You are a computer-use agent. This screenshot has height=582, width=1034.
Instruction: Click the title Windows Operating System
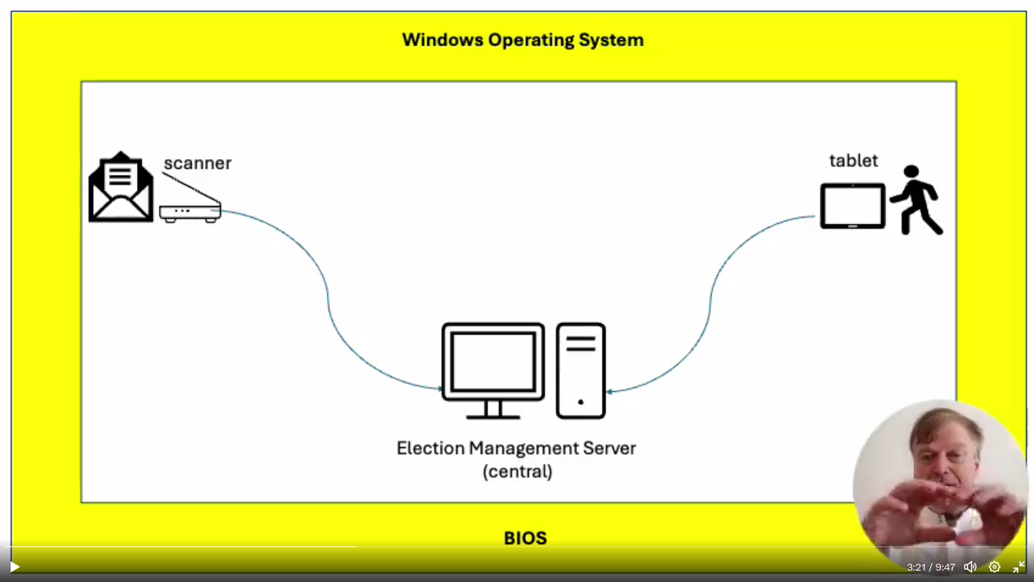(x=522, y=40)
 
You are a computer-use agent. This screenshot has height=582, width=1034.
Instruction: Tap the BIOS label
(x=525, y=539)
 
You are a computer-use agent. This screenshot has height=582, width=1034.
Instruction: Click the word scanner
(x=198, y=163)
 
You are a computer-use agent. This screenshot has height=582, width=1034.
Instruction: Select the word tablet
(x=854, y=161)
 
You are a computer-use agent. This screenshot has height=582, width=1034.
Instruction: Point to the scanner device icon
(x=189, y=205)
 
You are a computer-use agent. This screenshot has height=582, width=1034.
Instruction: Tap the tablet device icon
(x=853, y=205)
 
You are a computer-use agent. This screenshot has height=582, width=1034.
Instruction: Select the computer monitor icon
(x=493, y=369)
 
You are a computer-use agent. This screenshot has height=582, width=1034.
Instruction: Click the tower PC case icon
(x=581, y=371)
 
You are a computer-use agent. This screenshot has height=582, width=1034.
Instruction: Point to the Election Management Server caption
(x=516, y=448)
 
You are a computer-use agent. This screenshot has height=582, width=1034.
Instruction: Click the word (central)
(x=518, y=471)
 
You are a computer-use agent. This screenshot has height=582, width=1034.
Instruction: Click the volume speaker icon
(x=970, y=567)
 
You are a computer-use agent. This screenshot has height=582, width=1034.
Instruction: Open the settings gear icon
(x=995, y=567)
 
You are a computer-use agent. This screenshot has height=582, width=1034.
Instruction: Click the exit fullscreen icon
(x=1019, y=567)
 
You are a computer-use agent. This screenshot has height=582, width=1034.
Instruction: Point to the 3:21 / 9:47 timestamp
(x=931, y=567)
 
